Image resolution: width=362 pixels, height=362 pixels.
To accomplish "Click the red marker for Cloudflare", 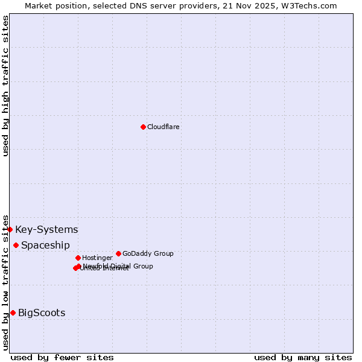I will pyautogui.click(x=143, y=127).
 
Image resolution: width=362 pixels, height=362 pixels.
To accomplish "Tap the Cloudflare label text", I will pyautogui.click(x=164, y=127).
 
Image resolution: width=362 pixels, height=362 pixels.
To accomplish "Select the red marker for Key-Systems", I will pyautogui.click(x=10, y=229).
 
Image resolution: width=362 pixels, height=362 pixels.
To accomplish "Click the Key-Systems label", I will pyautogui.click(x=46, y=230).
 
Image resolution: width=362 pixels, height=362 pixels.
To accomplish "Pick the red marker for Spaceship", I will pyautogui.click(x=16, y=245).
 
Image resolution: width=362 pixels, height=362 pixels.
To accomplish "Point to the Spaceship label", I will pyautogui.click(x=45, y=246).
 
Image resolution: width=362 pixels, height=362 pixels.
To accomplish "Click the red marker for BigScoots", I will pyautogui.click(x=13, y=313).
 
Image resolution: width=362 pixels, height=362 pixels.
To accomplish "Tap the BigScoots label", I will pyautogui.click(x=42, y=313).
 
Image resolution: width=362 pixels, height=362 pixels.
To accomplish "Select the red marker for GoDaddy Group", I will pyautogui.click(x=118, y=253).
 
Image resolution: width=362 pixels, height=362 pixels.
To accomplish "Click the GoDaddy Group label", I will pyautogui.click(x=148, y=254).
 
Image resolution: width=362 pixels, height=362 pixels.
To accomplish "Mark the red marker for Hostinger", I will pyautogui.click(x=78, y=258).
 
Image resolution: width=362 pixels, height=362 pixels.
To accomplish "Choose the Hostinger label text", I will pyautogui.click(x=97, y=258).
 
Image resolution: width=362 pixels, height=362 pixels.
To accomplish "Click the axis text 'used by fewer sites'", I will pyautogui.click(x=62, y=357).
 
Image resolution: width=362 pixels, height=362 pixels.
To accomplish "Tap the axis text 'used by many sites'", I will pyautogui.click(x=303, y=357).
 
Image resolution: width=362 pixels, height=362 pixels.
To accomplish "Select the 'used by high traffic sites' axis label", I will pyautogui.click(x=5, y=86).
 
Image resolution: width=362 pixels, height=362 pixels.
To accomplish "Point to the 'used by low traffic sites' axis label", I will pyautogui.click(x=5, y=282).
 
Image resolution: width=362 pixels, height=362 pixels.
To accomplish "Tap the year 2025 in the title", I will pyautogui.click(x=268, y=5).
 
